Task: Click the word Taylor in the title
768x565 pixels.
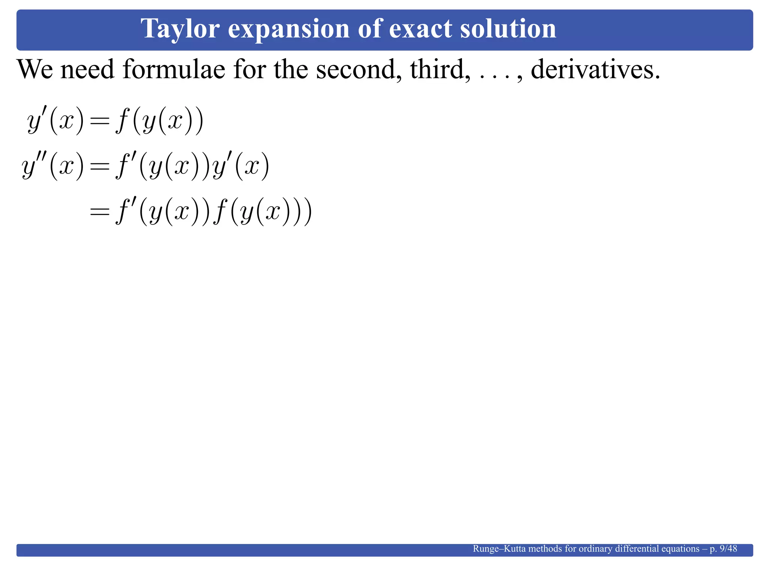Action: click(180, 29)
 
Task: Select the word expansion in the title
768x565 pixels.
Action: click(288, 29)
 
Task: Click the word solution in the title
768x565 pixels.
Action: click(508, 29)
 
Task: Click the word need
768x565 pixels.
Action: click(87, 69)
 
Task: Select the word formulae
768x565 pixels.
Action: click(174, 69)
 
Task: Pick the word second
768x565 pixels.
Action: click(357, 69)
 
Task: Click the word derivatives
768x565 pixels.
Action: click(595, 69)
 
